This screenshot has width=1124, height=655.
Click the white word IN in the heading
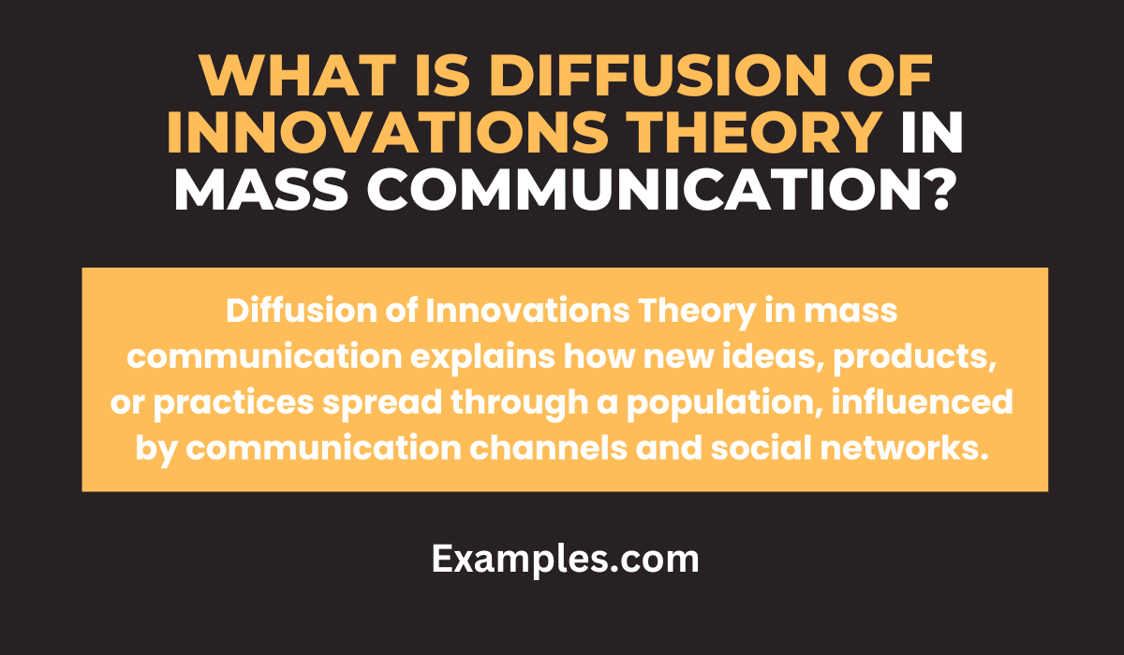tap(933, 135)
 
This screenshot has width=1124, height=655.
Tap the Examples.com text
tap(565, 559)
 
